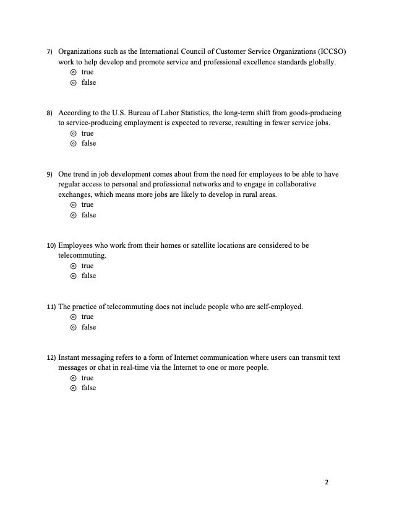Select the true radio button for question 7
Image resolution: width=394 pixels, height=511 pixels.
tap(73, 72)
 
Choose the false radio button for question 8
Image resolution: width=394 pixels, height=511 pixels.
tap(73, 144)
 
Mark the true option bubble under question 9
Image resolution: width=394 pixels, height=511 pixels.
tap(73, 205)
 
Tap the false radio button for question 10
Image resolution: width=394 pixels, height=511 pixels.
tap(73, 276)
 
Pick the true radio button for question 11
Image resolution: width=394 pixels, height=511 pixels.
tap(73, 317)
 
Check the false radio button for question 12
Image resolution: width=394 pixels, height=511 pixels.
tap(73, 388)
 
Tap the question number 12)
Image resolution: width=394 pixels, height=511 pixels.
tap(51, 358)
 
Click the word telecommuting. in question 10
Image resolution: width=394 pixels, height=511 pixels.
tap(82, 255)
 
